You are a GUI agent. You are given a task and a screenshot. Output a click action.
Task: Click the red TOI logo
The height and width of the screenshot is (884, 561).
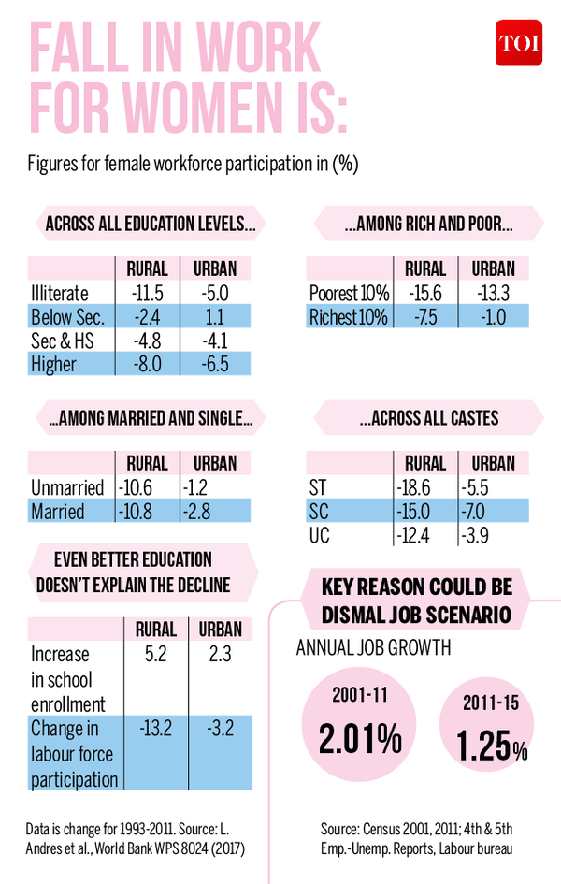point(519,43)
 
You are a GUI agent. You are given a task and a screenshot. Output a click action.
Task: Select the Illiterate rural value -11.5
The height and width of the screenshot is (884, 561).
point(148,293)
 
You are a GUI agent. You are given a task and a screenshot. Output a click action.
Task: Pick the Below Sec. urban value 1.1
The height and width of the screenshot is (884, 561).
point(215,317)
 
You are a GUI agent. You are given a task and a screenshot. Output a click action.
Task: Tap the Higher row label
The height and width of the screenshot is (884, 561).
point(53,364)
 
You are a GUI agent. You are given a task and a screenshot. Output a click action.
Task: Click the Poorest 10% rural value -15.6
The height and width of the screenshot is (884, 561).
point(425,293)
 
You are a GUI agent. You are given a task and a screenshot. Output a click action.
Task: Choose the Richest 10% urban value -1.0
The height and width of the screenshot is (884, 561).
point(494,317)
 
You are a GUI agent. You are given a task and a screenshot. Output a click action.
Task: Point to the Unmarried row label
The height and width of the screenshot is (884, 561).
point(67,487)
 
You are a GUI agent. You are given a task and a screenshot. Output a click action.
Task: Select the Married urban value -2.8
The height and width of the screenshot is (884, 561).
point(196,512)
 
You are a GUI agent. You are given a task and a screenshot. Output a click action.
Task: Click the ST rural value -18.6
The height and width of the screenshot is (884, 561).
point(413,487)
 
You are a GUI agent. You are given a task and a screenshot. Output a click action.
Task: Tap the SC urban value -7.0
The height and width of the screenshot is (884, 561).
point(473,512)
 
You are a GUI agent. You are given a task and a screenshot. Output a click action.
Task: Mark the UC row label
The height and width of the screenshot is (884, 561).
point(320,535)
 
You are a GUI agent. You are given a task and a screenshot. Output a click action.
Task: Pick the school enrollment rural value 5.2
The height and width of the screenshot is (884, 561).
point(155,654)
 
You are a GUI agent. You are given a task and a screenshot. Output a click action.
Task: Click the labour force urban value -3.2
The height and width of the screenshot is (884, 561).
point(221,728)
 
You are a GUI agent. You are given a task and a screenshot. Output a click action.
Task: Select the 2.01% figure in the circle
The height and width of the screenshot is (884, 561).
point(361,738)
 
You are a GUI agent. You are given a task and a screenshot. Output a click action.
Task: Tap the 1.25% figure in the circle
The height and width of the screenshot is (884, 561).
point(492,746)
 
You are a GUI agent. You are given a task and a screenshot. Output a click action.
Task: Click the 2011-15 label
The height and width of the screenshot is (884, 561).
point(491,703)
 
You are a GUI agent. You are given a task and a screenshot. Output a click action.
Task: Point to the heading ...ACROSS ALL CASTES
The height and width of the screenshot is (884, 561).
point(429,418)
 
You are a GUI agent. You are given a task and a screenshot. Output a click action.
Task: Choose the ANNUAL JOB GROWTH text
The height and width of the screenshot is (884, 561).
point(373,647)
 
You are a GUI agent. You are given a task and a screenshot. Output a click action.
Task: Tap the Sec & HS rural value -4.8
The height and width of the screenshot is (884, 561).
point(148,341)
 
